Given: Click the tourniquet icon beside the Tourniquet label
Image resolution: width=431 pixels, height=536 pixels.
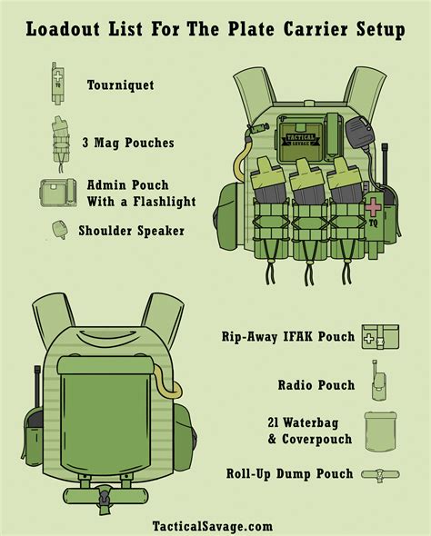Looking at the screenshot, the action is pos(58,83).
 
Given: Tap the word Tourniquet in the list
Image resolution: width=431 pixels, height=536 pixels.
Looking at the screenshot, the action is pos(120,85).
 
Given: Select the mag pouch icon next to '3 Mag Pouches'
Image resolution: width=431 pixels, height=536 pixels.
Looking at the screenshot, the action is pos(61,144).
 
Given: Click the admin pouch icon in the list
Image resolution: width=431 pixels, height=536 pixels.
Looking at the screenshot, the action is pos(58,193).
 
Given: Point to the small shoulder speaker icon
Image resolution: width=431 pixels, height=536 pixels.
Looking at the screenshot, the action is pos(59,229).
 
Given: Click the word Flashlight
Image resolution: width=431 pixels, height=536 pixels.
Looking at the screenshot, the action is pos(165,202).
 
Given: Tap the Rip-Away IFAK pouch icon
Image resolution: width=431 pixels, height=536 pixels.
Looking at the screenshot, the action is pos(380,337).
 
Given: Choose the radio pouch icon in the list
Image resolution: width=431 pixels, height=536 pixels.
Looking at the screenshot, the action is pos(378,382).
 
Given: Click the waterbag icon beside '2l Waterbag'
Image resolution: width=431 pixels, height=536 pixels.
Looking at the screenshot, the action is pos(381,432).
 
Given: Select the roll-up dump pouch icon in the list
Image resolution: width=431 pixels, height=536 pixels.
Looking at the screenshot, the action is pos(380,474).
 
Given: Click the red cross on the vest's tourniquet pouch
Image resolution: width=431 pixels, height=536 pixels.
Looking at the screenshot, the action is pos(373,207).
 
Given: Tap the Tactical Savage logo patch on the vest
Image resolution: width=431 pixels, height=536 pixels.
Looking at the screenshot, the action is pos(301,140).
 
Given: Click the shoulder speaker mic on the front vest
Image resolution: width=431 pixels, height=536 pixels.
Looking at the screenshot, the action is pos(359,133).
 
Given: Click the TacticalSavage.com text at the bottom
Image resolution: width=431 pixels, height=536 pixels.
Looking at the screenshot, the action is pos(213,526).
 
